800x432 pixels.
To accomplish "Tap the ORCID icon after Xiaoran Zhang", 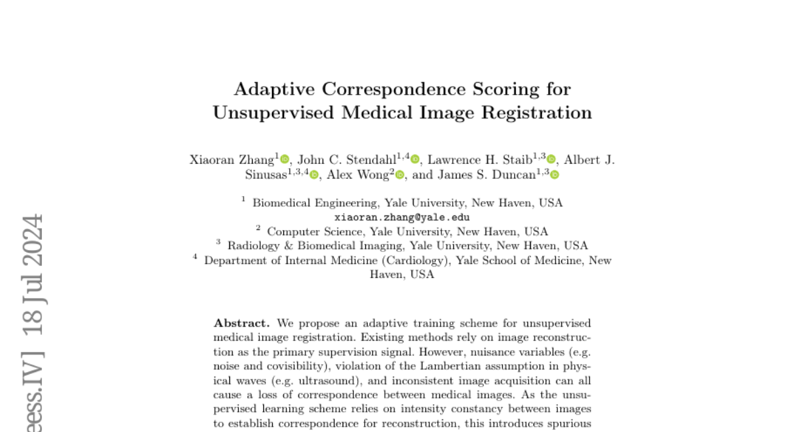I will coord(285,159).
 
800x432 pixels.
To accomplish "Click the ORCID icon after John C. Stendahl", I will coord(415,159).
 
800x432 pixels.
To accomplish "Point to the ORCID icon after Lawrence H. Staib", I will coord(551,159).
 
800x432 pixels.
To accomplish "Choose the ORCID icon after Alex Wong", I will coord(399,175).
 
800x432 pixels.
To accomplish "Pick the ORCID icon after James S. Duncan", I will coord(554,175).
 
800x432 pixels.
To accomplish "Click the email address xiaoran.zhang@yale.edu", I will coord(402,217).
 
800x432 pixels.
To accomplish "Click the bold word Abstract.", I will coord(241,323).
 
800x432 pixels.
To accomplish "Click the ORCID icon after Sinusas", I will coord(315,175).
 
